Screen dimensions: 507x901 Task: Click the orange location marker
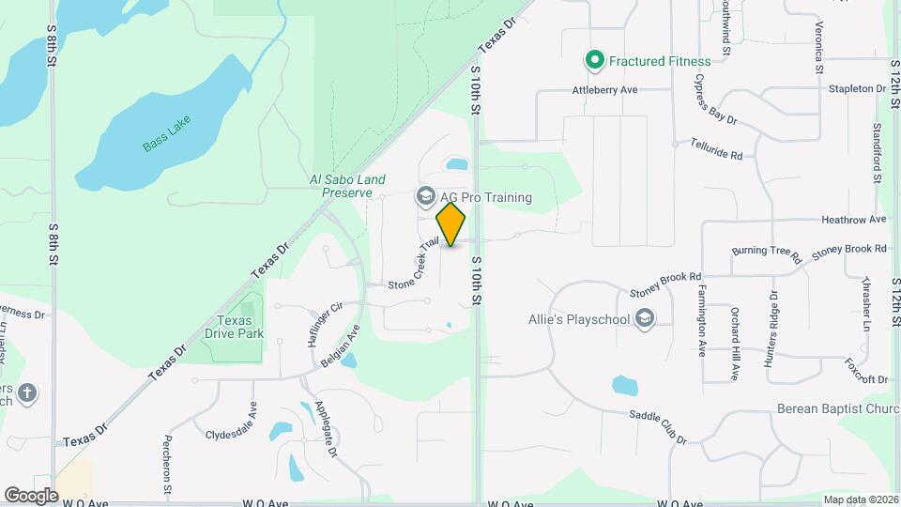(x=451, y=224)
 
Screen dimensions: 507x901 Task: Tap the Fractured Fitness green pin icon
(x=594, y=61)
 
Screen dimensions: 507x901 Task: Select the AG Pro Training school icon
(x=425, y=197)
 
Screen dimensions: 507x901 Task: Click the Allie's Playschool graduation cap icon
(x=645, y=319)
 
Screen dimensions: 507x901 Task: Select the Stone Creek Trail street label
(x=414, y=265)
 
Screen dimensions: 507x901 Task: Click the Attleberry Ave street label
(x=605, y=90)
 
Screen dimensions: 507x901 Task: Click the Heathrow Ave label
(x=853, y=220)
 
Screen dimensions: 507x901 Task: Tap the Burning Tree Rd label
(x=767, y=253)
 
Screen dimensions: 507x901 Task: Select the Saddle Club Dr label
(x=657, y=427)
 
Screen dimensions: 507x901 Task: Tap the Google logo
(x=31, y=495)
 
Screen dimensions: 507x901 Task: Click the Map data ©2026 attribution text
(x=861, y=499)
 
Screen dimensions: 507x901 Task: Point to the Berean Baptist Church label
(x=838, y=408)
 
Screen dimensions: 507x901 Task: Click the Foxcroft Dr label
(x=865, y=371)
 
